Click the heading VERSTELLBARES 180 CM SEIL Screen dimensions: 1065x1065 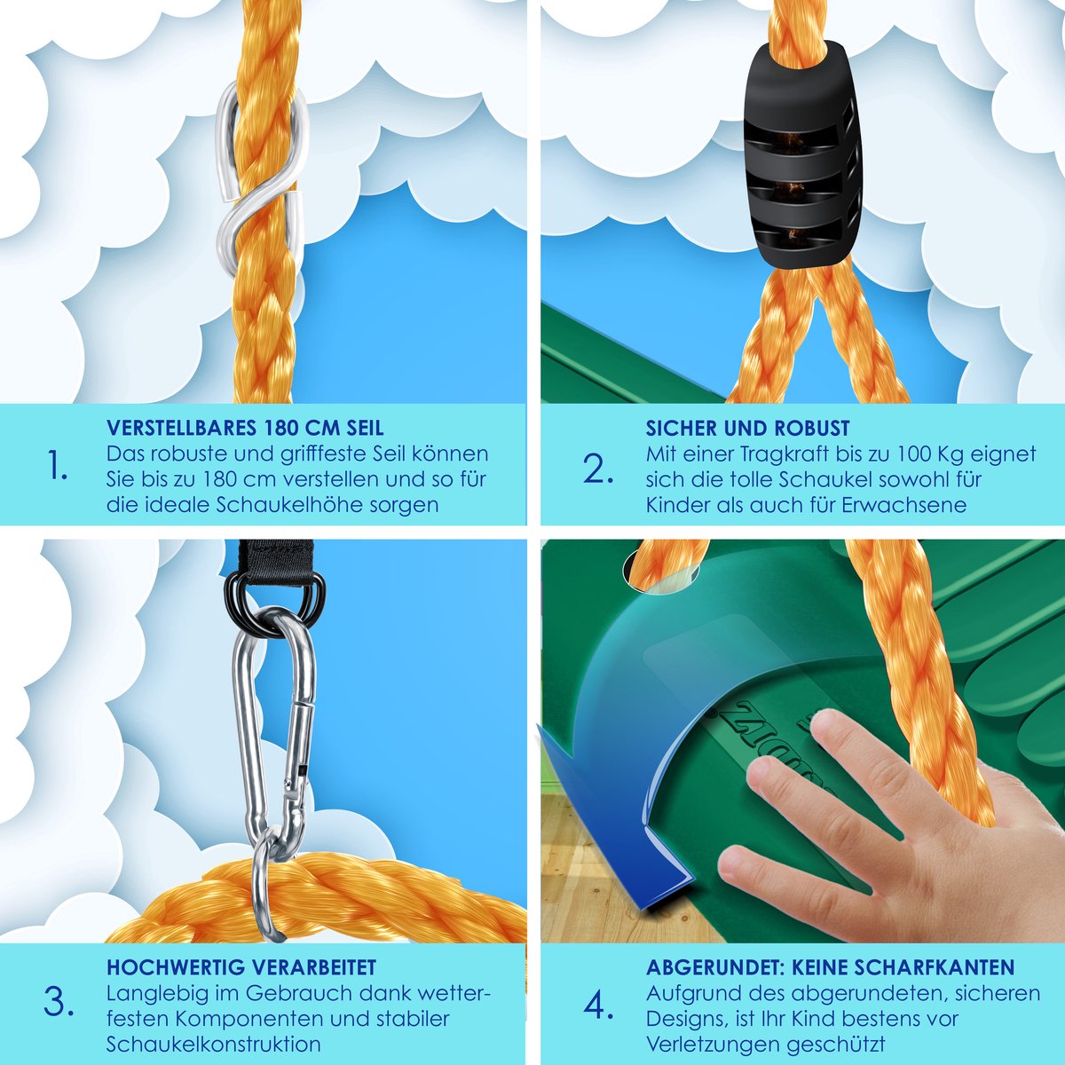245,428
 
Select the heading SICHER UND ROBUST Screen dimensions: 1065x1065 748,428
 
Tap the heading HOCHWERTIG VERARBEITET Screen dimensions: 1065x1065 241,967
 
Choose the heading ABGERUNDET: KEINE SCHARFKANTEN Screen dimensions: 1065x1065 830,967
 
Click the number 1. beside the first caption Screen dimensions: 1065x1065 58,464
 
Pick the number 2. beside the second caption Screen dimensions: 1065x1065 598,469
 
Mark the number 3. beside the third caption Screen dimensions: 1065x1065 59,1003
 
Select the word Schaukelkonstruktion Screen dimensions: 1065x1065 213,1044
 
